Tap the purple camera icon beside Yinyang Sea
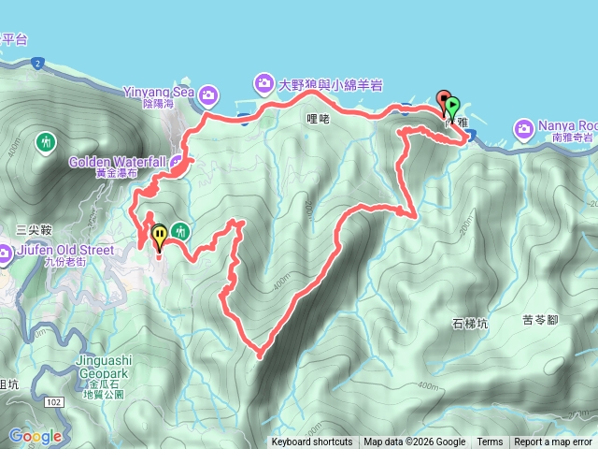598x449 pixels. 208,94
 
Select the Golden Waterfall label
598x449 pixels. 117,162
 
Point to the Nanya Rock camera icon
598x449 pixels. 523,127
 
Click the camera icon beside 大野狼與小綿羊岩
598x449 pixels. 264,84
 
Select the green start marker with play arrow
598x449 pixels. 453,106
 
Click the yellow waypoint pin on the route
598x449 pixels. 159,235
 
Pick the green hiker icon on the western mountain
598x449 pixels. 46,142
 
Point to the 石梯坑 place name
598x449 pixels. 470,324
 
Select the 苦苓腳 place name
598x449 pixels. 540,319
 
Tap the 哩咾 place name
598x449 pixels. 319,119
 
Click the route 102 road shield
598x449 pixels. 53,400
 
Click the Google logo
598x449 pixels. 36,436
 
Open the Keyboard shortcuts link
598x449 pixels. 312,442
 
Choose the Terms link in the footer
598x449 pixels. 490,442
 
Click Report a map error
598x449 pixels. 553,442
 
